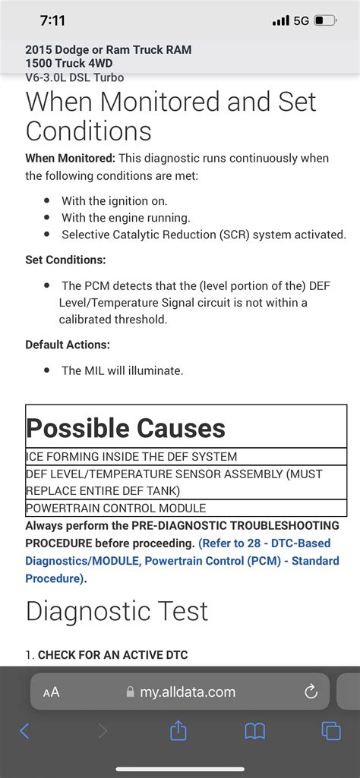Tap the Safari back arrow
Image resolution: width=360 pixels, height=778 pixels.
point(24,731)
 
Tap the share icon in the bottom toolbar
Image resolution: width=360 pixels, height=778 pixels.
point(178,731)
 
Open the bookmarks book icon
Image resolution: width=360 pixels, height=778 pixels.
point(254,731)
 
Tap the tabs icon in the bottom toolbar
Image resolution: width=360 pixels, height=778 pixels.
point(331,731)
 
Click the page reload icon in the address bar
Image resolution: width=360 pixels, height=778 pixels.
point(310,691)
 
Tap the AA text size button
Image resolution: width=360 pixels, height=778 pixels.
point(52,692)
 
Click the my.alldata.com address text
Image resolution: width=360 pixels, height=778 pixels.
point(187,692)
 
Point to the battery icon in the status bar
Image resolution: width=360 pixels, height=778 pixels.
point(325,20)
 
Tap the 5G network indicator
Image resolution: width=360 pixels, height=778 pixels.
point(301,20)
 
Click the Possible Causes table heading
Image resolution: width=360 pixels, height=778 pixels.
point(126,428)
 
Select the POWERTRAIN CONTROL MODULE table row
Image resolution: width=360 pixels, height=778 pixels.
point(116,508)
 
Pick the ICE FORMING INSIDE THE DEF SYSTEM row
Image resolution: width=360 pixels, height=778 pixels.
point(132,457)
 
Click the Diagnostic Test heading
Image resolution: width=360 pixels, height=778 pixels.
point(117,610)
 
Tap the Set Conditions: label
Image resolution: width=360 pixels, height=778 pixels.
point(65,260)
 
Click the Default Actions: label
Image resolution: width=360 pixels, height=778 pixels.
point(68,345)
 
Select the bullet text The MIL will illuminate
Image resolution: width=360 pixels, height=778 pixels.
point(122,370)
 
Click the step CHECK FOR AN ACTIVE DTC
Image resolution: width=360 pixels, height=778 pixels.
point(112,654)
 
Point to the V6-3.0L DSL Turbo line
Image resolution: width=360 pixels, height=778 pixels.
point(74,77)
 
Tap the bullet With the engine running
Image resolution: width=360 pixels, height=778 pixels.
point(126,218)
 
